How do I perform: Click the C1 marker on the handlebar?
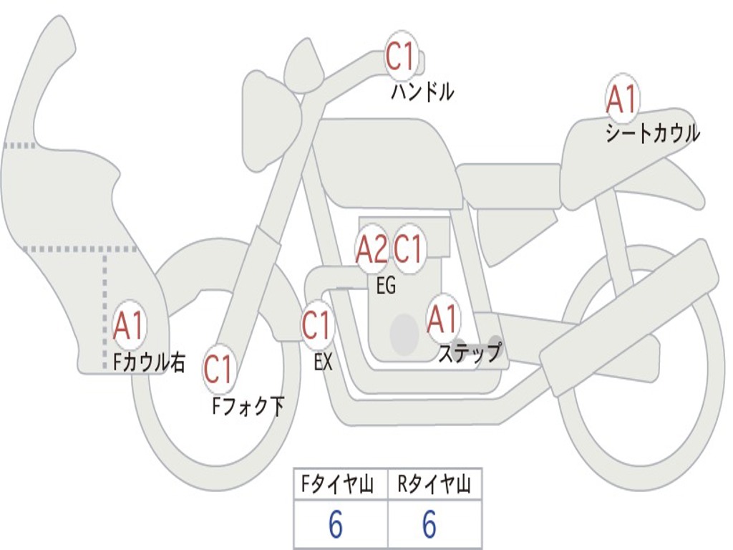point(401,57)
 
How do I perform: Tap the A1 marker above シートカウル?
point(622,99)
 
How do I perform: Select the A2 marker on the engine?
point(372,249)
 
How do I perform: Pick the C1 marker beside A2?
point(408,249)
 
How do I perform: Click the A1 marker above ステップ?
point(442,319)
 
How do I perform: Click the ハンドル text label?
point(422,92)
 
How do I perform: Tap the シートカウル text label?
point(653,133)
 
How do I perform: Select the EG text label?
point(386,285)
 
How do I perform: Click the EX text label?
point(323,362)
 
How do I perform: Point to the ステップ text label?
point(470,352)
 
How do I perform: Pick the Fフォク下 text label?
point(248,406)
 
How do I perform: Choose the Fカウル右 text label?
point(149,362)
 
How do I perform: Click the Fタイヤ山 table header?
point(337,484)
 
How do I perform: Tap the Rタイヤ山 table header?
point(434,484)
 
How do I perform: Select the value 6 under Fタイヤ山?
point(336,524)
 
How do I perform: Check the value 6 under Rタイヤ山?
point(429,524)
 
